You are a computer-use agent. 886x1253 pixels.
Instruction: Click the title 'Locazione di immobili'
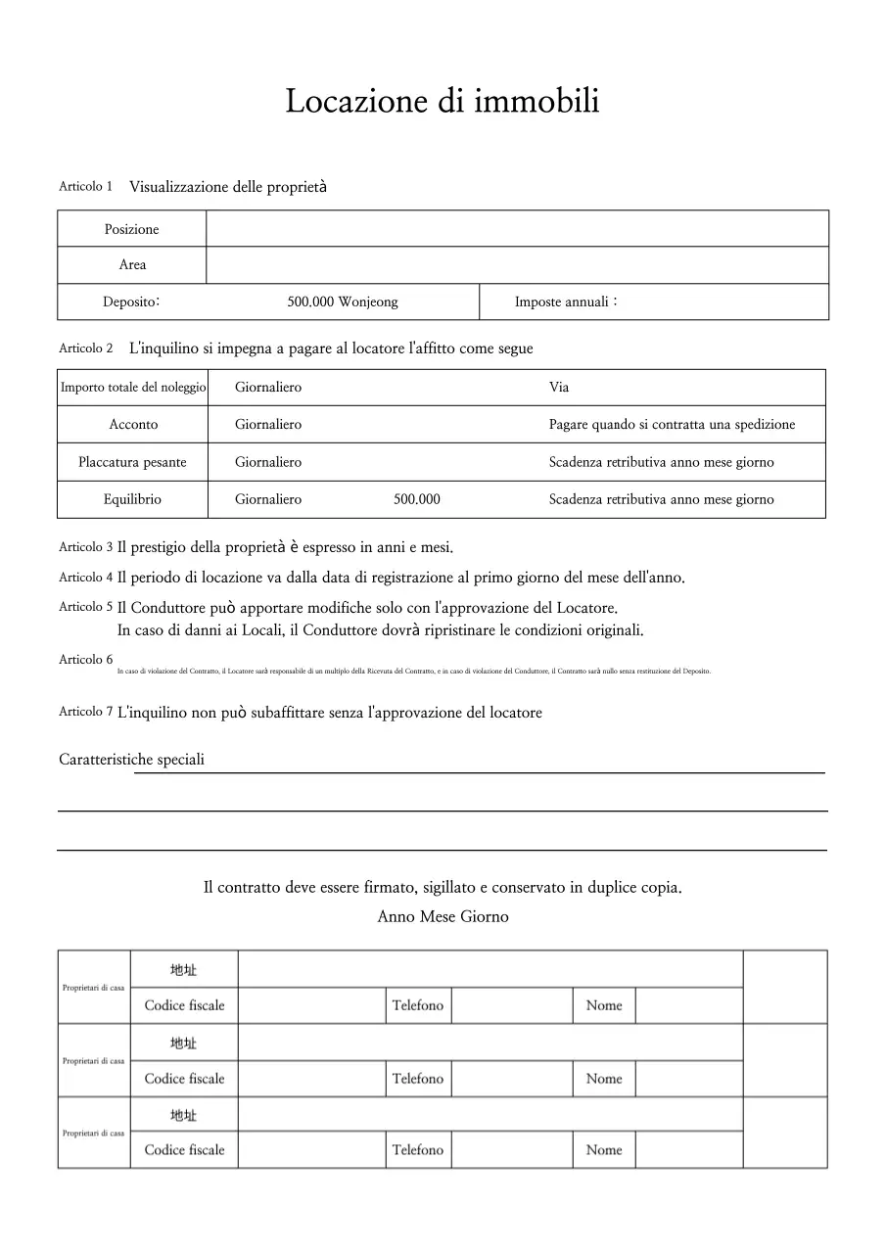[x=443, y=101]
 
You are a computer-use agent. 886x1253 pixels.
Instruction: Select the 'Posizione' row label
[x=131, y=229]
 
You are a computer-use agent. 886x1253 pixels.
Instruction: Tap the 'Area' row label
[x=132, y=265]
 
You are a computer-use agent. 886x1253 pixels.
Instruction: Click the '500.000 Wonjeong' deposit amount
[x=343, y=302]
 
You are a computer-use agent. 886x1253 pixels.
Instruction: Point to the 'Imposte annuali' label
[x=566, y=302]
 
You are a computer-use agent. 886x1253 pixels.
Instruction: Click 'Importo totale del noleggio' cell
[x=133, y=388]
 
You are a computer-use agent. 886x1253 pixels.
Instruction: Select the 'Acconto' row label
[x=133, y=425]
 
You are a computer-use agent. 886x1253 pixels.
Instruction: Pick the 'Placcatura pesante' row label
[x=132, y=462]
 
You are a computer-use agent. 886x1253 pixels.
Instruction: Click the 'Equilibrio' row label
[x=132, y=499]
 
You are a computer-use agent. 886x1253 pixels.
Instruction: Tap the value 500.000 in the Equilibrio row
[x=417, y=499]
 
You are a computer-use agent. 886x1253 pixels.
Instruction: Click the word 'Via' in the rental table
[x=559, y=388]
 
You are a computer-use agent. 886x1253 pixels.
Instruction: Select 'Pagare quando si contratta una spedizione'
[x=672, y=425]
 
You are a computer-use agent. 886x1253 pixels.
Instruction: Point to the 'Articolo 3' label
[x=85, y=547]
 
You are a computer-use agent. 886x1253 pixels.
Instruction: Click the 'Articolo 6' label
[x=85, y=660]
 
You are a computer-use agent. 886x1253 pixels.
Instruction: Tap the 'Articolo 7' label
[x=85, y=712]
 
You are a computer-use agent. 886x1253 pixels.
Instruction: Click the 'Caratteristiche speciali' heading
[x=131, y=760]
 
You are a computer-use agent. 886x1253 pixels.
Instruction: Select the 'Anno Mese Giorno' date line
[x=443, y=917]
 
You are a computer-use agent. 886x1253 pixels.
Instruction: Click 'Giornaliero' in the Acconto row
[x=268, y=425]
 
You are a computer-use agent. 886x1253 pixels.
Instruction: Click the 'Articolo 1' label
[x=85, y=186]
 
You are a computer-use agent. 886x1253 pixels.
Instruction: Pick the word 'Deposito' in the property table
[x=131, y=302]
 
